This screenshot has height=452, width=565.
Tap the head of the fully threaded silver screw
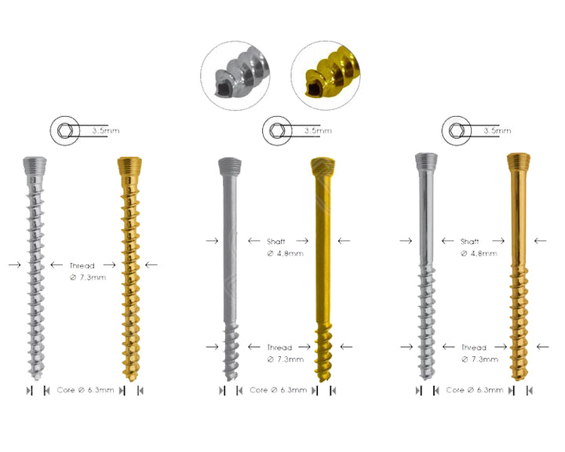pos(35,164)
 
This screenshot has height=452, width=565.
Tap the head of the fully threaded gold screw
pos(128,164)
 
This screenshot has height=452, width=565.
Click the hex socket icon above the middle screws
pos(275,129)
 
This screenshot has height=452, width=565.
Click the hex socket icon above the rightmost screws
pos(454,129)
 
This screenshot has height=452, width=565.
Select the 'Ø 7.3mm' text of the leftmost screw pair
pos(86,279)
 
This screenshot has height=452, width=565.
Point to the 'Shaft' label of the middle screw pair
pos(276,241)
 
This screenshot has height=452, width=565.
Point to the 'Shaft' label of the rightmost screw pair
pos(470,241)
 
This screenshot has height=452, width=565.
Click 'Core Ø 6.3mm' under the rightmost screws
pos(474,390)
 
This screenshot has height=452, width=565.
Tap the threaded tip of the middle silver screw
pos(228,353)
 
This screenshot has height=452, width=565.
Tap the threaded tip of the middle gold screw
pos(323,353)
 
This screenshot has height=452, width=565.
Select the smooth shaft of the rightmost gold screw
pos(516,220)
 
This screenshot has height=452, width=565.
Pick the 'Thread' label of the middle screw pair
pos(279,347)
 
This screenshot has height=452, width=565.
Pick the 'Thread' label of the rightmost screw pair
pos(474,347)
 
